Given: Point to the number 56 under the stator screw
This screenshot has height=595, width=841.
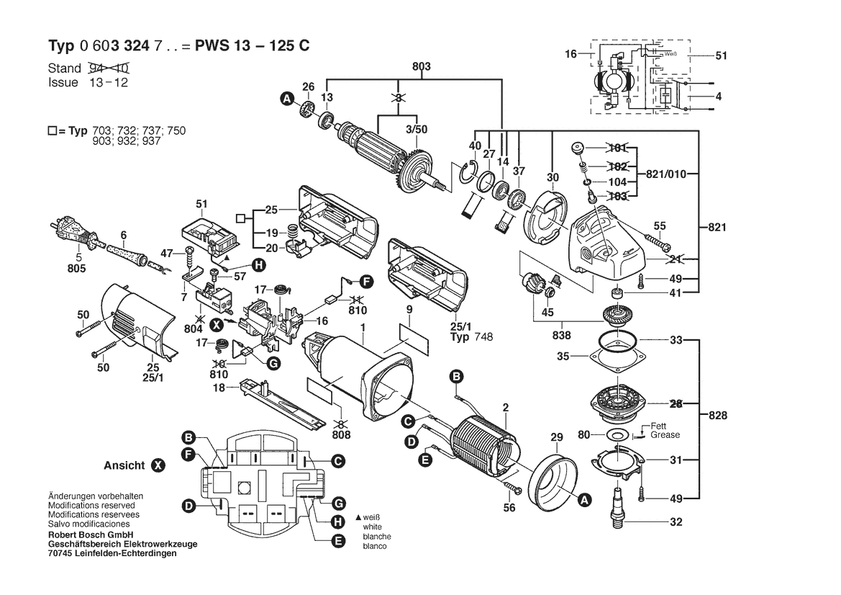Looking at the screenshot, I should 509,508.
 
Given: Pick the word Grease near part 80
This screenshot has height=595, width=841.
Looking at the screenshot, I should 665,435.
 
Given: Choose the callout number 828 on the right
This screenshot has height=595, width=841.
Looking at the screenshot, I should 717,416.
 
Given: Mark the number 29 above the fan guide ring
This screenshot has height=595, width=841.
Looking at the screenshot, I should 555,438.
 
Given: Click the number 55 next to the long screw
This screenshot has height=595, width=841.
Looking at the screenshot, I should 659,226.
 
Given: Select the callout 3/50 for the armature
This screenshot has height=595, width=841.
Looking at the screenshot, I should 417,129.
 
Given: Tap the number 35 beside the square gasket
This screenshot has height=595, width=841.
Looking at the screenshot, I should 563,356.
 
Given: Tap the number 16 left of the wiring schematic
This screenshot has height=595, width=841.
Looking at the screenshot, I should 571,54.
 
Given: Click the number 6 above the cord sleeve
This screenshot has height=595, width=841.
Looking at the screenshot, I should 124,235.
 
